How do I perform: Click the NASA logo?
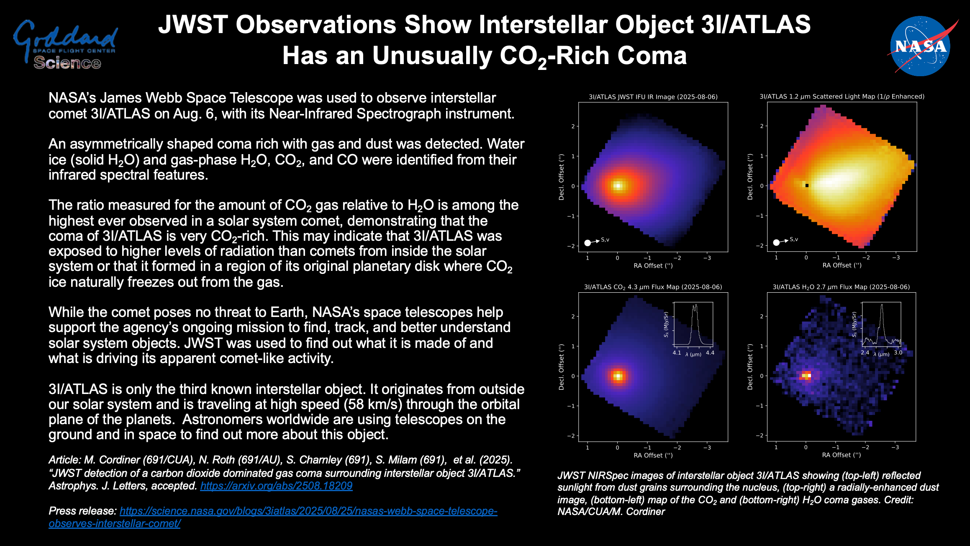pos(921,46)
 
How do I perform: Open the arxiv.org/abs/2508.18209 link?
pos(276,486)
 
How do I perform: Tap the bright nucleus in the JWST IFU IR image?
pos(618,186)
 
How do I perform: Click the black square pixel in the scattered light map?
pos(807,185)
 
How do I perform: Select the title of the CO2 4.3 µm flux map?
pos(653,287)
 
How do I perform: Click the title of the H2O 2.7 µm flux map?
pos(841,287)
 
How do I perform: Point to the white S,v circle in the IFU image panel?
pos(588,243)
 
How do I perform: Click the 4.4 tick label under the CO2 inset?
pos(710,353)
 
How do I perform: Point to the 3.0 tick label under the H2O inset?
pos(898,353)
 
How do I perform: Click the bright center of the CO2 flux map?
pos(618,376)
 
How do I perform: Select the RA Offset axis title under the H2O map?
pos(841,455)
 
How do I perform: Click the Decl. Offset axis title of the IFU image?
pos(562,177)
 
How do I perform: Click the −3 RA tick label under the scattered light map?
pos(896,258)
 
